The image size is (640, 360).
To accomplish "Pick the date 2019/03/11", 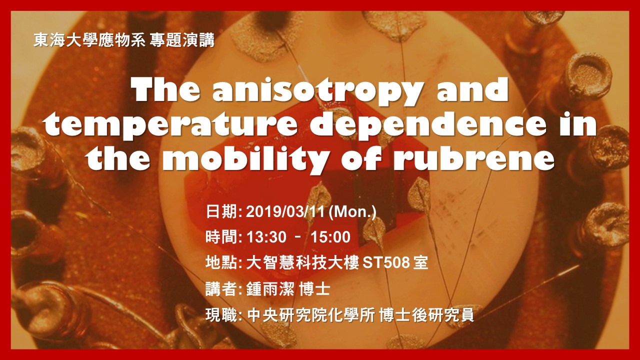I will coord(286,211).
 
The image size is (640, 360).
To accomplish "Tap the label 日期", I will coord(221,211).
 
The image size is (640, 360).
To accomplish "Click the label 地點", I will coord(221,262).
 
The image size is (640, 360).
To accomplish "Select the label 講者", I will coord(221,288).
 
